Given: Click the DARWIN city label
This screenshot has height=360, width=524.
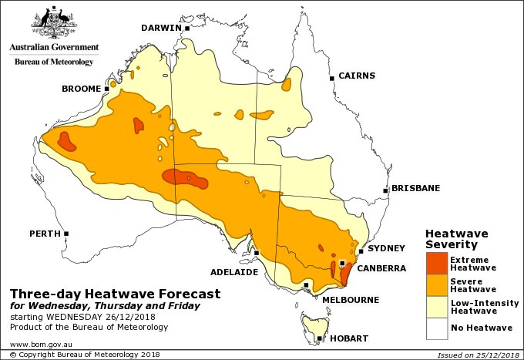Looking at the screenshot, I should coord(160,29).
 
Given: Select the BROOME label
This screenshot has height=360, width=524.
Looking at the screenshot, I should coord(81,89).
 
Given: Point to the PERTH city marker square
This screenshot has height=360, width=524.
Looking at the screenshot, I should coord(67,233).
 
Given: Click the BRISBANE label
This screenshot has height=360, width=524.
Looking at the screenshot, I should coord(415,187).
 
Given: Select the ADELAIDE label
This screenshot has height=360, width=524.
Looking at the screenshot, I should coord(234,272).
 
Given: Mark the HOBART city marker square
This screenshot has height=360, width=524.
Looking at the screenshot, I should coord(318,338).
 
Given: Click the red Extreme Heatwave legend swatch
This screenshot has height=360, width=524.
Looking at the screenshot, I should coord(436,264).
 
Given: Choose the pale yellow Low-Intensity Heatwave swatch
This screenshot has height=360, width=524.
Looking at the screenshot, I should coord(436,307).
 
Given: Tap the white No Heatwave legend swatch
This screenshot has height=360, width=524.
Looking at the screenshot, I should coord(436,328).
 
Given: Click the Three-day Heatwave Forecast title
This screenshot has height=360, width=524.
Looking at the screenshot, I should coord(115,294).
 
